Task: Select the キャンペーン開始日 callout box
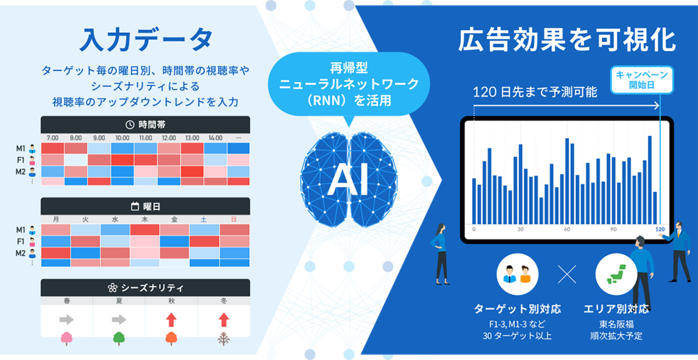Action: [x=641, y=80]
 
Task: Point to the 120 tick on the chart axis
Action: [x=660, y=229]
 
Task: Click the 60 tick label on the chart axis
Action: [x=567, y=229]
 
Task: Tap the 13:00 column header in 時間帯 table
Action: [x=192, y=138]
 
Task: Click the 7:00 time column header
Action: [x=52, y=138]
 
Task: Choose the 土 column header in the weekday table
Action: [x=204, y=220]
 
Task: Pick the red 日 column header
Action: [x=234, y=220]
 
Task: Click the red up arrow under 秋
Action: [x=171, y=319]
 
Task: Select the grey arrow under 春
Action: [x=67, y=319]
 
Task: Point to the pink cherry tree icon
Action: [x=67, y=339]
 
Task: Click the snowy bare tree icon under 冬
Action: [x=224, y=339]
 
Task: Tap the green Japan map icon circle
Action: [x=616, y=275]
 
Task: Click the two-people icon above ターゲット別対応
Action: [x=518, y=275]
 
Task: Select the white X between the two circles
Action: [x=567, y=275]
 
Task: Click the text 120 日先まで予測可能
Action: [x=535, y=91]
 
